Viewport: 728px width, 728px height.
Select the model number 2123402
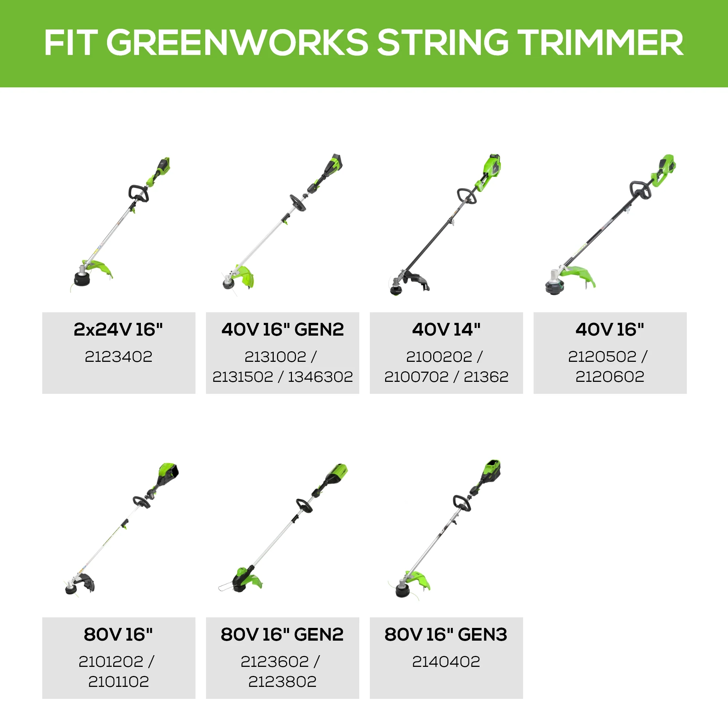coord(118,356)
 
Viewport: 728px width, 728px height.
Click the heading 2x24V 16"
coord(118,329)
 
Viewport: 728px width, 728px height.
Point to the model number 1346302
coord(320,376)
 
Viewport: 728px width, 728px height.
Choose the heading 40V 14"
coord(446,329)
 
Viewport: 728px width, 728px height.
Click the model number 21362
coord(486,376)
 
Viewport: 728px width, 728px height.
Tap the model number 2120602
coord(610,376)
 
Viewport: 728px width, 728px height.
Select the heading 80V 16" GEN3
coord(446,634)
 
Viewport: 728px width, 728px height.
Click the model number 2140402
coord(446,661)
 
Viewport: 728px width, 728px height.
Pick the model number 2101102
coord(118,681)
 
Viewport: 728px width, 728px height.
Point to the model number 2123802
coord(282,681)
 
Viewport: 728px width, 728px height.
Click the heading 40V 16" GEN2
coord(282,329)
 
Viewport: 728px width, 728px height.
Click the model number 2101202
coord(111,661)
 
